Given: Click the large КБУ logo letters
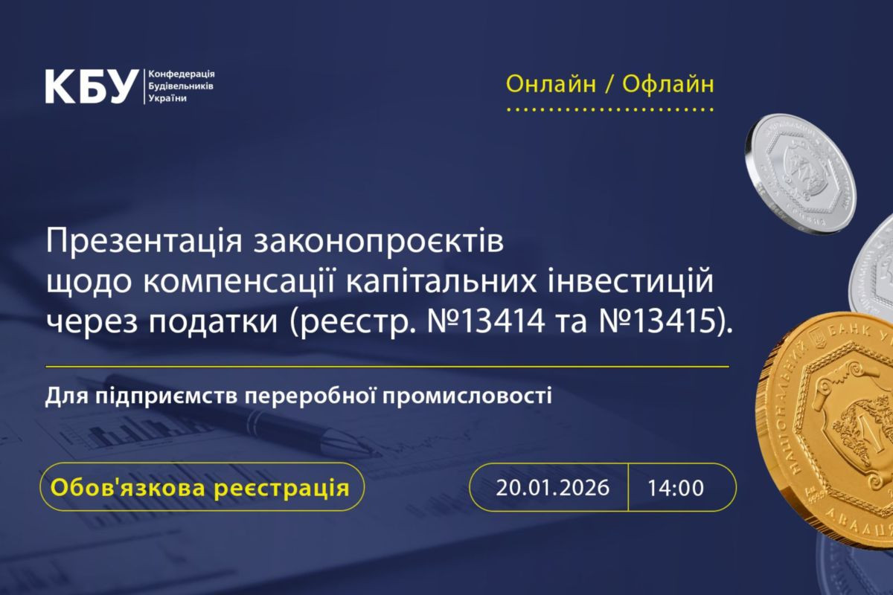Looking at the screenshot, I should (x=92, y=86).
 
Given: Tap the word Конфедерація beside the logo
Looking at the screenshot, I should (x=182, y=75).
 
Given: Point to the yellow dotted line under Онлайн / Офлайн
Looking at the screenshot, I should (x=609, y=110).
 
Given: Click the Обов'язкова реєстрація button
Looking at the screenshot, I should (x=199, y=488).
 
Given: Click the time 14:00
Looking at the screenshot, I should (x=675, y=488).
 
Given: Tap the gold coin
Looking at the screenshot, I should (x=833, y=431).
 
